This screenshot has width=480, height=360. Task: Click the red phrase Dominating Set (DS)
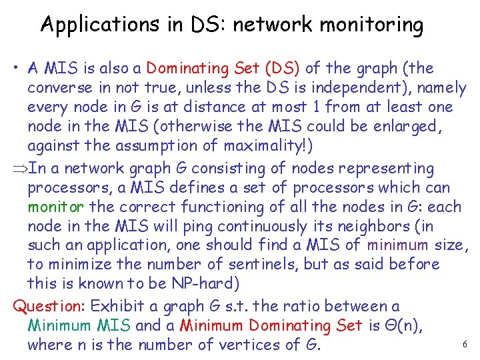224,68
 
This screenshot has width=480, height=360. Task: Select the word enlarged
416,126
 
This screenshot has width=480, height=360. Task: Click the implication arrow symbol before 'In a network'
20,169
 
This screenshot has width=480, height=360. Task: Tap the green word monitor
56,207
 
